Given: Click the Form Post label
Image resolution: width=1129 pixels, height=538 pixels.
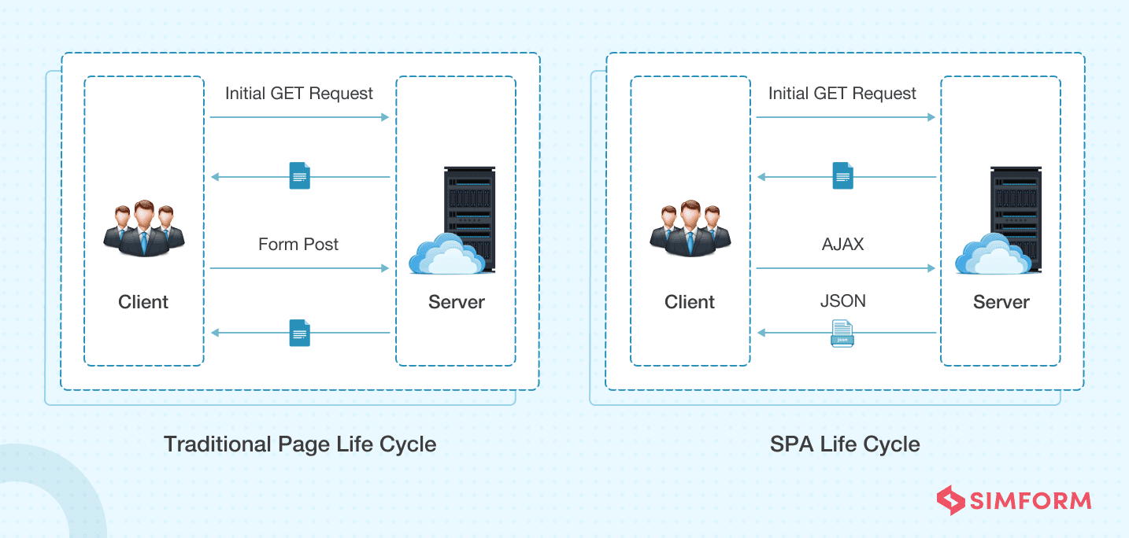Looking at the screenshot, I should point(298,245).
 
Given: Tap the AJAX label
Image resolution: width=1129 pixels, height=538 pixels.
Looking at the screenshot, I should point(842,245).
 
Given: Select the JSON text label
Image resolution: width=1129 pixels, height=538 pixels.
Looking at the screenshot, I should point(842,301).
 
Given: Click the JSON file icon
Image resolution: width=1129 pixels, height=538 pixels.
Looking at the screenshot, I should point(842,333).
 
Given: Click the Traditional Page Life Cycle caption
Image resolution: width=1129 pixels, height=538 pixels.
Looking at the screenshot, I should point(299,444).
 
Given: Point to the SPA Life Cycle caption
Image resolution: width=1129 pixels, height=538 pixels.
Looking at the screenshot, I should point(845,444).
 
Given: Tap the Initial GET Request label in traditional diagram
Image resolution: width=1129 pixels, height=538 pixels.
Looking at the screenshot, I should point(299,94).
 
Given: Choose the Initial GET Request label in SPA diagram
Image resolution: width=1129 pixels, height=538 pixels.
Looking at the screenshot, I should point(842,94).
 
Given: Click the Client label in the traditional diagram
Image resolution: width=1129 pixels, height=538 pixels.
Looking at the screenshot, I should point(143,302).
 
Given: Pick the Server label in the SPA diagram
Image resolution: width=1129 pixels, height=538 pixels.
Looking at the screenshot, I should point(1001,302).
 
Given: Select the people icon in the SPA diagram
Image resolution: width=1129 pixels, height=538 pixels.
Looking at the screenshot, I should point(690,229).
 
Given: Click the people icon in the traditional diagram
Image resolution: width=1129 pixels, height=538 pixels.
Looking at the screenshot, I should point(143,229).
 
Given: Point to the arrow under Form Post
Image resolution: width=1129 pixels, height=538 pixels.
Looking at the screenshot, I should point(299,269).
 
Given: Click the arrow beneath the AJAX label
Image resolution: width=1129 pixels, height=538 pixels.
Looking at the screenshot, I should point(845,269).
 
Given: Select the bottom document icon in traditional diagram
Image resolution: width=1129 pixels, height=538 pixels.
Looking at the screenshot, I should point(299,333).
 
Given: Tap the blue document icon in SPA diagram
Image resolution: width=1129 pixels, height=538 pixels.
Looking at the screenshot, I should point(842,176).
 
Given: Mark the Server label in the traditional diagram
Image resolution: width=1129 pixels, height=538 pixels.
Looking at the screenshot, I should point(456,302).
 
